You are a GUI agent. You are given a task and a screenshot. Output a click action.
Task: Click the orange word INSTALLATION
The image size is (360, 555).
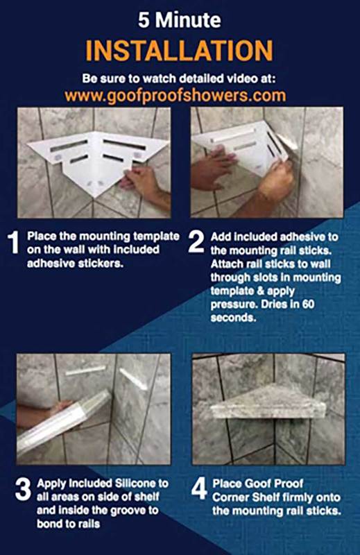[179, 51]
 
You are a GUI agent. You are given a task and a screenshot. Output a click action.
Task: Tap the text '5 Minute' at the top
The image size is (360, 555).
[180, 20]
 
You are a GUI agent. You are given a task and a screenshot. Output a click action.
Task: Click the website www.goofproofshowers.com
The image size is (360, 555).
[175, 96]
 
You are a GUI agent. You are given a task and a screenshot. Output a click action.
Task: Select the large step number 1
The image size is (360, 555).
[13, 242]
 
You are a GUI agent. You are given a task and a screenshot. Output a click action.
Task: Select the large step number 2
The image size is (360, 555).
[196, 242]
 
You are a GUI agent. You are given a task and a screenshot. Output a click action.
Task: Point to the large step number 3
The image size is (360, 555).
[23, 490]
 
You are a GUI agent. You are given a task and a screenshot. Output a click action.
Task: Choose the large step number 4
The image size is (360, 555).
[199, 490]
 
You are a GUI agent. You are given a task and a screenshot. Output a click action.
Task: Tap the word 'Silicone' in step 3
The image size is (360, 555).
[135, 483]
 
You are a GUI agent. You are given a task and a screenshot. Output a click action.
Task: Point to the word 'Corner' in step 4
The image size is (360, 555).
[230, 497]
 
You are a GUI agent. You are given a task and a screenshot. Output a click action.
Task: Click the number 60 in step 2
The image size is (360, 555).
[308, 304]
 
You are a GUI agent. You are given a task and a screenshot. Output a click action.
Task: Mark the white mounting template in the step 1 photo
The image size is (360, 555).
[97, 160]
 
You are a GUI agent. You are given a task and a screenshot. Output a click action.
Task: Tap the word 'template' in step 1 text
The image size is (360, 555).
[156, 237]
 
